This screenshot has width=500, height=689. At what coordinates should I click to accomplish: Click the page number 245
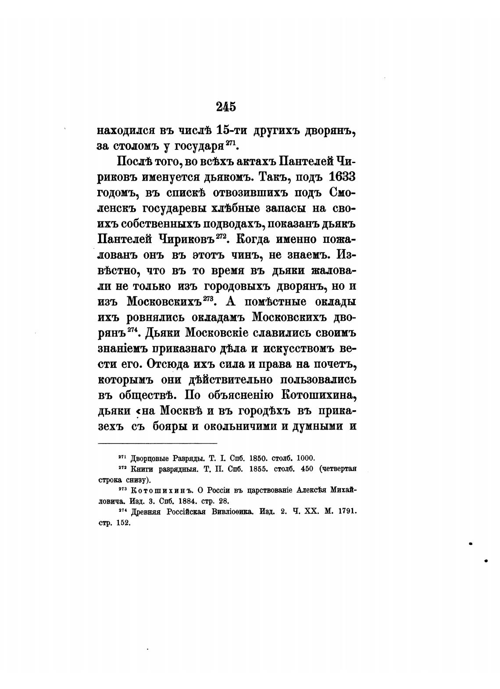(226, 107)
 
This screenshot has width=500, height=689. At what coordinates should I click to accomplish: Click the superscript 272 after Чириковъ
(220, 236)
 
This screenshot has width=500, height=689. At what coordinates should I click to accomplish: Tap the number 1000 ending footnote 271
(306, 457)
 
